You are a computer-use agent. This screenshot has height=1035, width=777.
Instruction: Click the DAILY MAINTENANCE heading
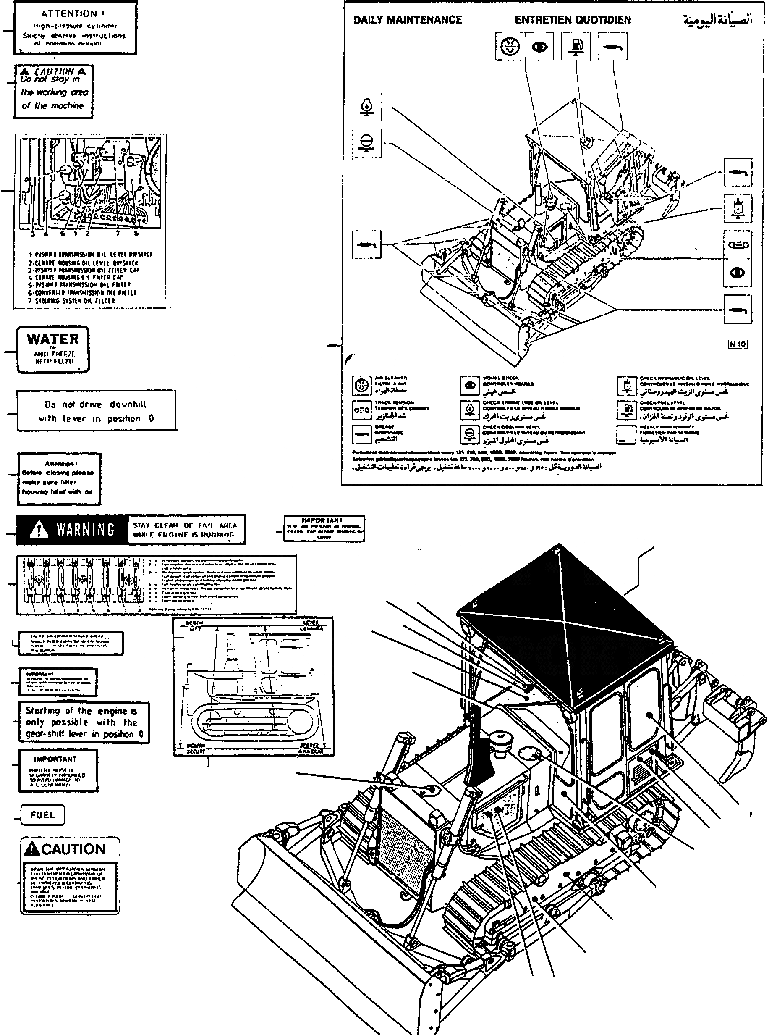(x=407, y=20)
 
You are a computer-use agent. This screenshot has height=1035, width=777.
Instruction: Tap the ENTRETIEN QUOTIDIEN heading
(x=573, y=20)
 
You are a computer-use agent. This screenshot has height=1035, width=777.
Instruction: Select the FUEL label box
(x=42, y=814)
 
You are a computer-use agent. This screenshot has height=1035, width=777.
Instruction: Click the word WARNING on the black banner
(x=86, y=530)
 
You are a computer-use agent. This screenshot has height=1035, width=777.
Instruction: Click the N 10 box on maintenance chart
(x=738, y=344)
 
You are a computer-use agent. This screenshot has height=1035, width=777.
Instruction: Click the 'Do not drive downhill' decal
(x=96, y=411)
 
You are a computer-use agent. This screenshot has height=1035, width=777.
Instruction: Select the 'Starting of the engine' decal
(x=84, y=722)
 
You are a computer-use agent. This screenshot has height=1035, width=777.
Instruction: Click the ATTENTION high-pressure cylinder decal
(x=75, y=28)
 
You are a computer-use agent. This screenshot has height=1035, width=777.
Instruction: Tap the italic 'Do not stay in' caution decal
(x=53, y=92)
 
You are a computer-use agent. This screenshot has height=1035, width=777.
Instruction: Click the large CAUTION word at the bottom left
(x=73, y=849)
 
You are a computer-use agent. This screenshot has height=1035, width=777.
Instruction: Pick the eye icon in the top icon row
(x=539, y=47)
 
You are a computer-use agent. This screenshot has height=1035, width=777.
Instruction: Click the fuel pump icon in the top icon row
(x=576, y=46)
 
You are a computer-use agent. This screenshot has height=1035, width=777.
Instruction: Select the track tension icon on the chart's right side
(x=738, y=245)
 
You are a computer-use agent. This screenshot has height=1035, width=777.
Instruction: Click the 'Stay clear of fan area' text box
(x=186, y=530)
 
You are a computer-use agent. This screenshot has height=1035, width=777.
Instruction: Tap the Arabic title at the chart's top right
(x=718, y=20)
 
